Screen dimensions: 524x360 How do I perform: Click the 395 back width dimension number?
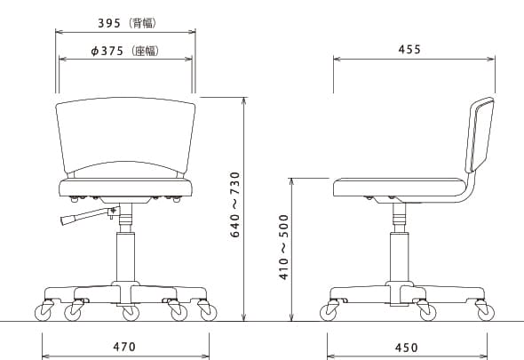[109, 23]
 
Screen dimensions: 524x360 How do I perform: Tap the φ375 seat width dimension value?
[107, 51]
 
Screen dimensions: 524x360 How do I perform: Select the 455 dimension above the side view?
[409, 50]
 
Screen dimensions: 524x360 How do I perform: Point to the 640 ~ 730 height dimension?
[235, 204]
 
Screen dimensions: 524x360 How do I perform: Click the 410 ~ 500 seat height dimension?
[283, 247]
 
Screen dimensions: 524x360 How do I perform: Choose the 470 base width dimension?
[124, 347]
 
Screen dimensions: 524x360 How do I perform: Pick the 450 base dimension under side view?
[407, 348]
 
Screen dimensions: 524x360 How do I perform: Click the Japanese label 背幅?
[144, 23]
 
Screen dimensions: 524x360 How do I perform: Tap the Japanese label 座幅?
[146, 51]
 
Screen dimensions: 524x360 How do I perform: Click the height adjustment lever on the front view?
[89, 215]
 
